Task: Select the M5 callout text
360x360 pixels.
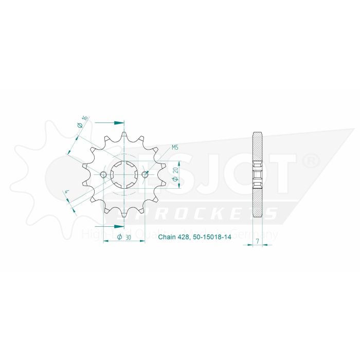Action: click(175, 148)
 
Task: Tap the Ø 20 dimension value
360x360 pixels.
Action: click(175, 175)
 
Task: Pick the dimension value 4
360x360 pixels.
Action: click(66, 193)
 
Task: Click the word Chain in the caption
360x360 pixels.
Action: click(167, 238)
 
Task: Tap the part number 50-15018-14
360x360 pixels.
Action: click(211, 238)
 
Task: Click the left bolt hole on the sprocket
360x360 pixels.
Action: click(103, 175)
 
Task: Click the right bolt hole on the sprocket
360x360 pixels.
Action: click(145, 175)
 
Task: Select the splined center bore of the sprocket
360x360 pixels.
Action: click(124, 175)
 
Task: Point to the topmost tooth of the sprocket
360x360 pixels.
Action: click(124, 135)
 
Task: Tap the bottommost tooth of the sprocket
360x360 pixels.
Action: click(124, 215)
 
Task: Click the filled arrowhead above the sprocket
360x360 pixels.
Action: click(119, 122)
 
